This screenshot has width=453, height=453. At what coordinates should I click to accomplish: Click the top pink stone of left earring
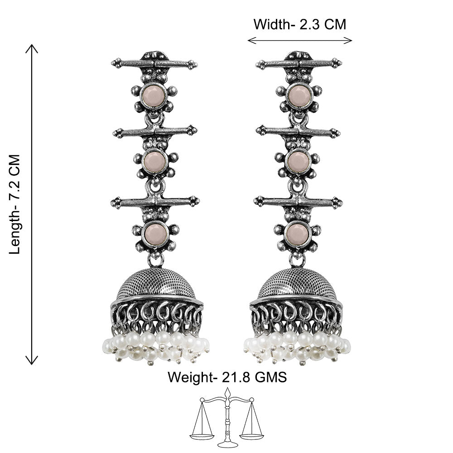point(153,95)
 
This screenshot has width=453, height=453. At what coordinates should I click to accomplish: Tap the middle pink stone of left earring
point(155,161)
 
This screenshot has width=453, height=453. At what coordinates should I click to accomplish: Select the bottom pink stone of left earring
point(156,233)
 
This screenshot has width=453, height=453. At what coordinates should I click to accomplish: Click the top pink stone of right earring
point(299,95)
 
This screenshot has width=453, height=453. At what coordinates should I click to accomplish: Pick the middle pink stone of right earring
point(299,161)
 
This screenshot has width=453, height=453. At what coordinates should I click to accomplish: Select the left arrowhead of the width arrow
point(251,40)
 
